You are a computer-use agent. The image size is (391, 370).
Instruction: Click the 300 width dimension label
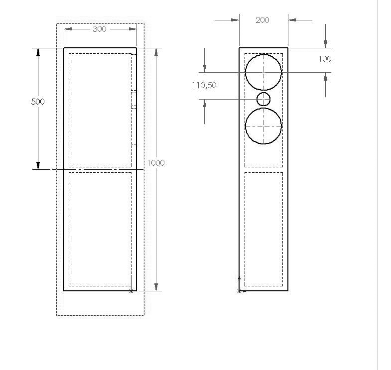(100, 29)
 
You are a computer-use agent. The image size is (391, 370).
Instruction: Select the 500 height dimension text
(38, 102)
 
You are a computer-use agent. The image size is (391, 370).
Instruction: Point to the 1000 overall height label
(156, 163)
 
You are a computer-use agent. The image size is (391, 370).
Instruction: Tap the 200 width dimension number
(262, 20)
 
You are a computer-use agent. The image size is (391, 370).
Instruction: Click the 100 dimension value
(325, 59)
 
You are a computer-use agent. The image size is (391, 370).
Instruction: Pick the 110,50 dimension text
(204, 85)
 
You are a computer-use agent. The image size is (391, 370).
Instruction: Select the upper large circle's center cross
(263, 72)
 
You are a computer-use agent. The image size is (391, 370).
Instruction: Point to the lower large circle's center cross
(263, 126)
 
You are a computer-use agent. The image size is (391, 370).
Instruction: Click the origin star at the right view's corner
(240, 291)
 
